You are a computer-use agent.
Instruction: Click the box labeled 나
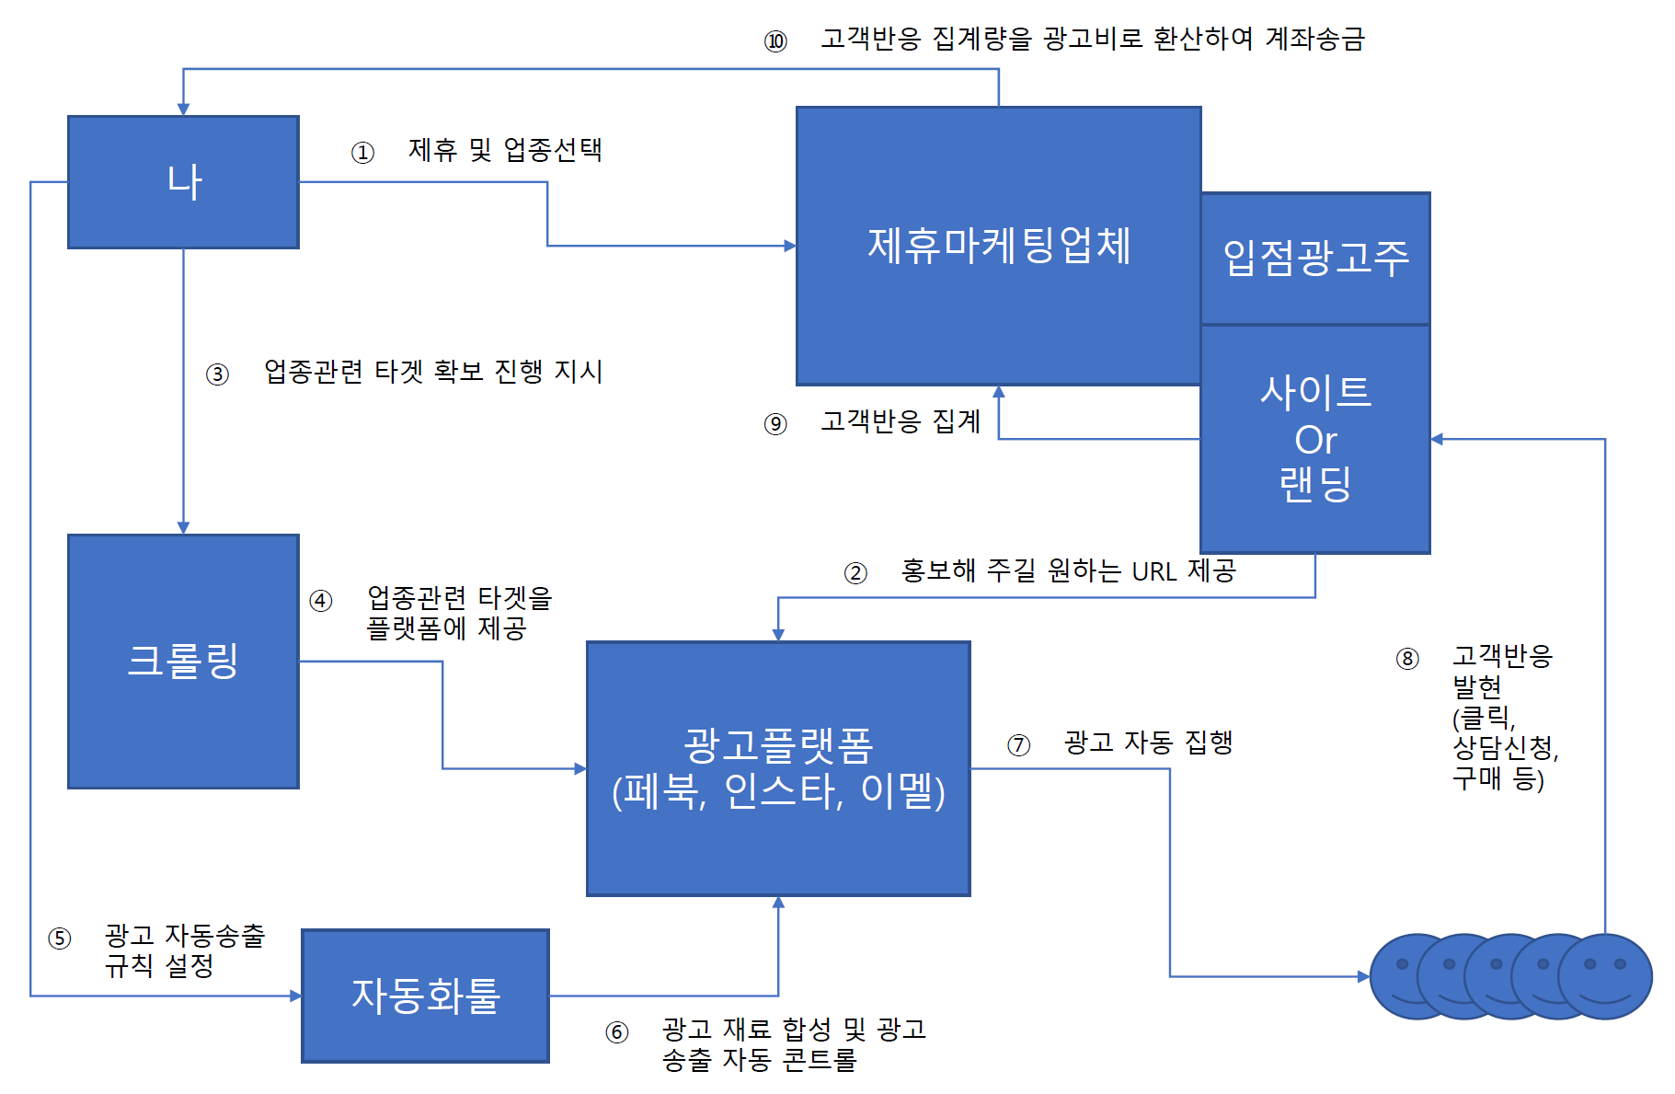pos(183,182)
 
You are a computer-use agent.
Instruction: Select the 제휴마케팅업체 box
pos(998,246)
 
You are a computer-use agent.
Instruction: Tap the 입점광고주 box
pos(1315,258)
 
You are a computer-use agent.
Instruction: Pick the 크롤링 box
pos(183,661)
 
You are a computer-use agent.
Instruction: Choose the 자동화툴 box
pos(425,996)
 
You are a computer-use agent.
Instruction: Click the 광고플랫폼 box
pos(778,768)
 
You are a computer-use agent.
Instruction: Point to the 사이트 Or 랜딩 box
pos(1315,439)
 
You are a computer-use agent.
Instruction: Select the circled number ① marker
pos(362,152)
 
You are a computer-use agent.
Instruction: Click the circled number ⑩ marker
pos(775,41)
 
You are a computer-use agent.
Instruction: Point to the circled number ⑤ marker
pos(60,939)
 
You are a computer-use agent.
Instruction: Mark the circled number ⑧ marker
pos(1407,659)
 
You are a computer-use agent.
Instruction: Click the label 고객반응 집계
pos(901,421)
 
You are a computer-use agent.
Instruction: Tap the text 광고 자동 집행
pos(1148,742)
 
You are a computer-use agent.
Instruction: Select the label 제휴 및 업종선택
pos(505,150)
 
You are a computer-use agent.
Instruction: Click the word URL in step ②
pos(1153,572)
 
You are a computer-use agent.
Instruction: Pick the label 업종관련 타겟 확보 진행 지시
pos(433,372)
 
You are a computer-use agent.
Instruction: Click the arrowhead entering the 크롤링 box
pos(183,527)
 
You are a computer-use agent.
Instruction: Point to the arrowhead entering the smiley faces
pos(1363,976)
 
